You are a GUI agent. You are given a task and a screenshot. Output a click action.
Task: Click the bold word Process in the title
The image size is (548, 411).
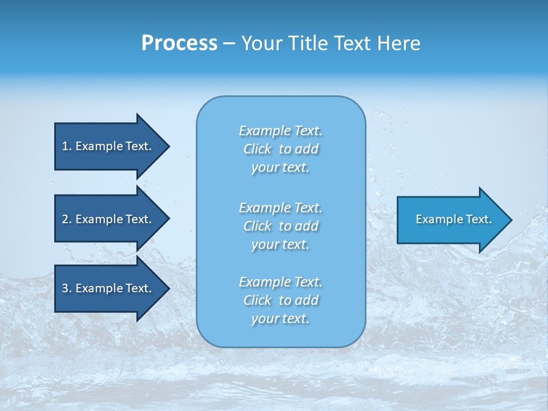click(179, 43)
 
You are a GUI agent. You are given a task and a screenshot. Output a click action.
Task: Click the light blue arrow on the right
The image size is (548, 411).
click(451, 219)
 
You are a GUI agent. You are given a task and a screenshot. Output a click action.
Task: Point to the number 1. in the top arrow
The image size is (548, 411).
click(66, 146)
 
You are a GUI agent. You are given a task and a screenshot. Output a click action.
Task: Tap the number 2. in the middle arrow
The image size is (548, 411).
click(66, 219)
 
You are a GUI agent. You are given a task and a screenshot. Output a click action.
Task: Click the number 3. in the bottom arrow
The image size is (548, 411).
click(66, 288)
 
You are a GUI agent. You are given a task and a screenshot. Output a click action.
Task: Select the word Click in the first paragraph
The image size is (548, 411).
click(257, 150)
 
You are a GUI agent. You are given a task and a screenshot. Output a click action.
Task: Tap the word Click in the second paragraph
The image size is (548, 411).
click(257, 226)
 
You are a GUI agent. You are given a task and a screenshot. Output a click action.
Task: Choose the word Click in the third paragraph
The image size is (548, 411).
click(257, 300)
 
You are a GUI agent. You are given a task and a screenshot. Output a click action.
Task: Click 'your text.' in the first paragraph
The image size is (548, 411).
click(280, 168)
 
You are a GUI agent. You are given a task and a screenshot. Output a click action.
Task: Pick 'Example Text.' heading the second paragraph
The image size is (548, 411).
click(280, 208)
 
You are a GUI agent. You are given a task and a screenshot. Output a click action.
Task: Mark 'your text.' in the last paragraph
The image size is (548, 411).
click(280, 319)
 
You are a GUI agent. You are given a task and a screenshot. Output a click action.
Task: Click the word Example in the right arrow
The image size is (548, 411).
click(436, 219)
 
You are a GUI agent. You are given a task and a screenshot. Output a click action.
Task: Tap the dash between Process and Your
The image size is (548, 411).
click(228, 43)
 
